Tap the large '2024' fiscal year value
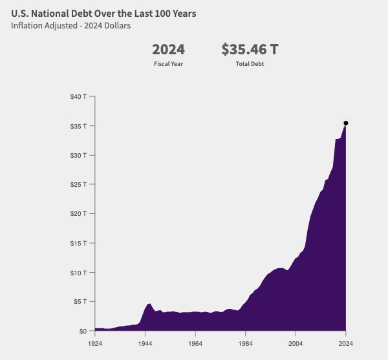[x=168, y=50]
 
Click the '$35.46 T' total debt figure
[x=250, y=50]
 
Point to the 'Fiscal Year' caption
[x=168, y=64]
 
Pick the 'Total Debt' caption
[x=250, y=64]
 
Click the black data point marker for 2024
[x=346, y=123]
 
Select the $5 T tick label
[x=80, y=302]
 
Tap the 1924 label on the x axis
[x=95, y=343]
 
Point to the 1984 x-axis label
[x=246, y=343]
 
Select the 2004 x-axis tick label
[x=296, y=343]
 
